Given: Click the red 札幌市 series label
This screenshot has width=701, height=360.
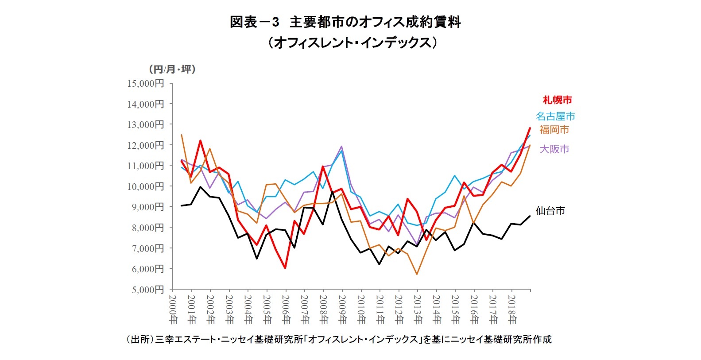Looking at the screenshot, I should click(557, 100).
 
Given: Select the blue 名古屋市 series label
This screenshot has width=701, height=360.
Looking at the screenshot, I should click(555, 116).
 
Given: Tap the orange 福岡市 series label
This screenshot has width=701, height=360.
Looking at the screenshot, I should click(554, 130).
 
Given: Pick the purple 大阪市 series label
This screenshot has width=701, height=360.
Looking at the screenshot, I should click(554, 149).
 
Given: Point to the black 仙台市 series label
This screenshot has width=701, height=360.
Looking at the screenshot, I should click(550, 211).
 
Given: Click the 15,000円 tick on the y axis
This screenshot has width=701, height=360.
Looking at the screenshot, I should click(146, 84).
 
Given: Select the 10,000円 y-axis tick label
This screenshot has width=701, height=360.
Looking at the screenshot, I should click(146, 186).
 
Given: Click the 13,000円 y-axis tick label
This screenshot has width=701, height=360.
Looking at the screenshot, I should click(146, 125).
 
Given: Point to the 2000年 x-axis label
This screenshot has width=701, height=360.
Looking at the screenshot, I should click(173, 309).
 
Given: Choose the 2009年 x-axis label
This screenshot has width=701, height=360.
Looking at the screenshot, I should click(342, 309).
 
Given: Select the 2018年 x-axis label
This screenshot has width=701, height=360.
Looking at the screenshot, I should click(512, 309).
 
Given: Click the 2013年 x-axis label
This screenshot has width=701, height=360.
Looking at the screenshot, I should click(418, 309).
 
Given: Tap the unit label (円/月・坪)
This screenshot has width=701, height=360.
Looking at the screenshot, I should click(172, 69).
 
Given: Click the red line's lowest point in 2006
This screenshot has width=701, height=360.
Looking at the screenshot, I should click(285, 268).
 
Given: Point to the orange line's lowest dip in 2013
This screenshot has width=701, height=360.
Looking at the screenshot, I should click(417, 274).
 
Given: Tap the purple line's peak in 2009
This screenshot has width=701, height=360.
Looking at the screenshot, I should click(341, 147).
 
